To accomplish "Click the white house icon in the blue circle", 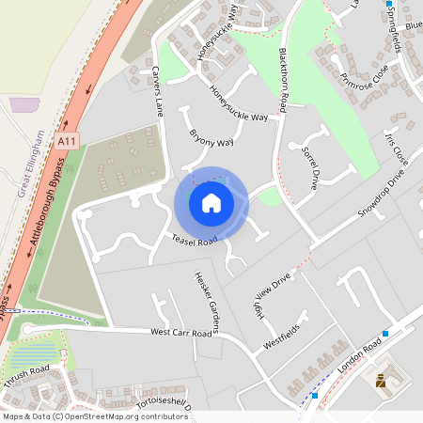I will (211, 203).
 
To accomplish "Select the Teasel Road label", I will (195, 241).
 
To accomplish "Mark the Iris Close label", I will (396, 148).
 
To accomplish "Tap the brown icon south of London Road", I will (381, 381).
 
